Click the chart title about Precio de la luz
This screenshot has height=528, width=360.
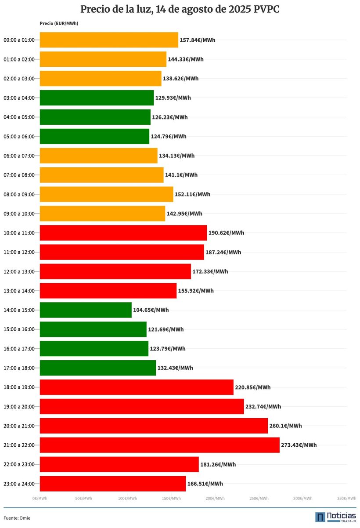tap(180, 10)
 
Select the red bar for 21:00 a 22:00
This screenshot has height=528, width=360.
tap(159, 445)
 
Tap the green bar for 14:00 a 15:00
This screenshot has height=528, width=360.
tap(86, 310)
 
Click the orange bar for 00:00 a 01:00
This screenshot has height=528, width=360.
tap(109, 40)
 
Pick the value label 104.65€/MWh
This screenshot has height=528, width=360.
tap(151, 310)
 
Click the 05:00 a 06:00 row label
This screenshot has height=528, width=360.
tap(18, 137)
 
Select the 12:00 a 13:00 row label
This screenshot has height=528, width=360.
tap(18, 271)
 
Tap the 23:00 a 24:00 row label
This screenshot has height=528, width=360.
tap(18, 484)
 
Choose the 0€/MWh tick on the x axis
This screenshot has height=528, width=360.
tap(40, 498)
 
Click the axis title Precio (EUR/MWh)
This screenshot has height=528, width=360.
tap(59, 23)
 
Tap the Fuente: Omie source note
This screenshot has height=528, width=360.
tap(17, 518)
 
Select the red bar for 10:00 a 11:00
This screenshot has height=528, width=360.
tap(123, 233)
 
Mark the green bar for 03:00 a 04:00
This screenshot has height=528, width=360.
tap(97, 98)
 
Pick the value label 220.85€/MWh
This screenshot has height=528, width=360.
tap(252, 387)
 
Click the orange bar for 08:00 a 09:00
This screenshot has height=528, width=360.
tap(106, 194)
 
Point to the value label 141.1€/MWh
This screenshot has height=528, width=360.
tap(181, 175)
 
